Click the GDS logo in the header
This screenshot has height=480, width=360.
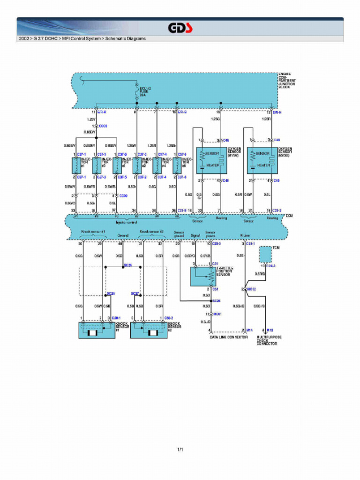coord(180,28)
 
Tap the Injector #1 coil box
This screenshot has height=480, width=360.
coord(76,165)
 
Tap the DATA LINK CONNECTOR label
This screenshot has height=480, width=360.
coord(228,337)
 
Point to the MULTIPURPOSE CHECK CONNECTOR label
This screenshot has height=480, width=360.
coord(269,340)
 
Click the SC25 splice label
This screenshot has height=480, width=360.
coord(127,265)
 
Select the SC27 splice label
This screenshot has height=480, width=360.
coord(135,293)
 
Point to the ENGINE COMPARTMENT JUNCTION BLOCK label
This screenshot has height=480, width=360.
coord(287,81)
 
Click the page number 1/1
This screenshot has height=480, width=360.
coord(180,450)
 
